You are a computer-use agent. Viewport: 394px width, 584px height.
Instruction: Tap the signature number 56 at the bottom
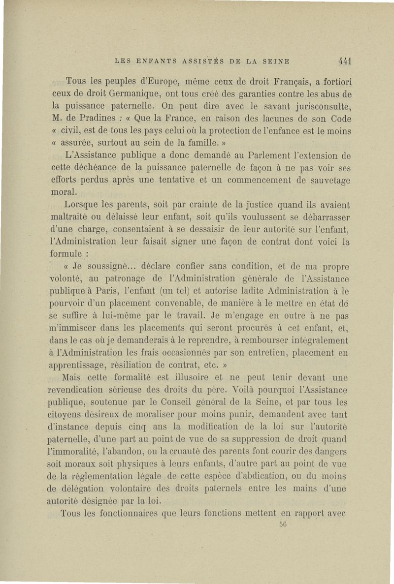click(x=283, y=524)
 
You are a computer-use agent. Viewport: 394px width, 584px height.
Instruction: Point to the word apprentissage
click(x=80, y=366)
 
